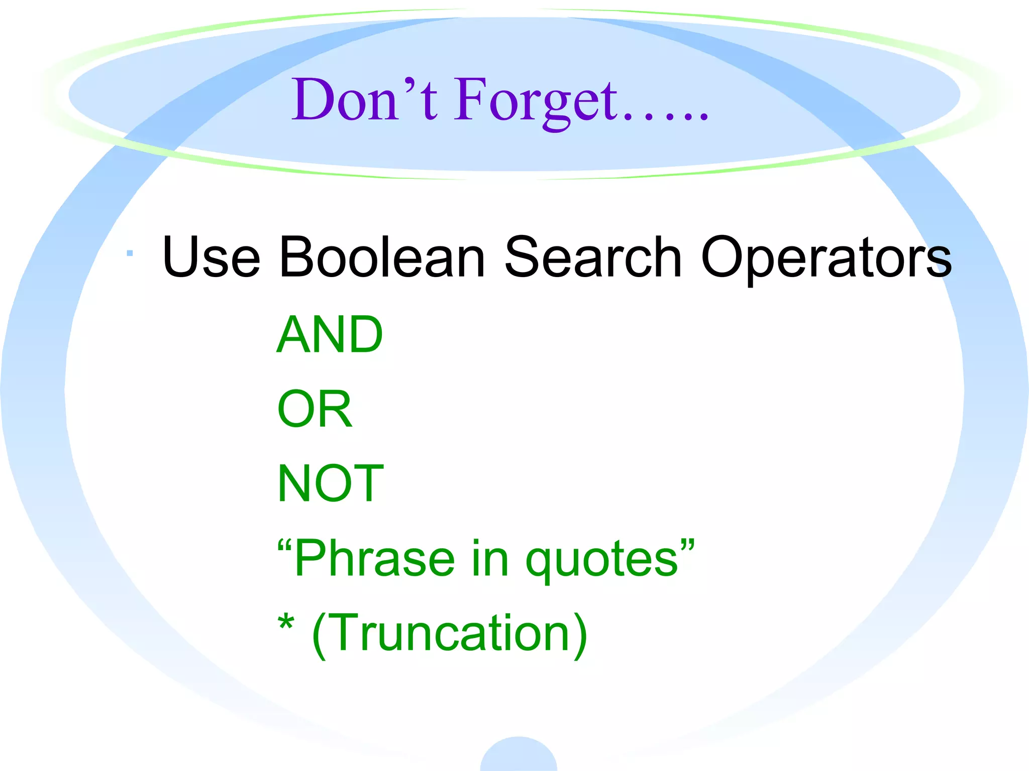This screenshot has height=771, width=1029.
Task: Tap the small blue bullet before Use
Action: pyautogui.click(x=130, y=253)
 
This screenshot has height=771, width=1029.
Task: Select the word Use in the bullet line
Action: pyautogui.click(x=211, y=257)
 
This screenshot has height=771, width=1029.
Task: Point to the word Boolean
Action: pyautogui.click(x=382, y=257)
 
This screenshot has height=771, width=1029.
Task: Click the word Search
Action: pyautogui.click(x=593, y=257)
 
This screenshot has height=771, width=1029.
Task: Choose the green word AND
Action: pyautogui.click(x=330, y=334)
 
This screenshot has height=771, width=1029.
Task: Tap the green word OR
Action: pyautogui.click(x=315, y=409)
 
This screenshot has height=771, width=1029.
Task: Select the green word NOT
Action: pyautogui.click(x=331, y=483)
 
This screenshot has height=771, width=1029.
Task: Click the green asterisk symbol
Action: pyautogui.click(x=286, y=623)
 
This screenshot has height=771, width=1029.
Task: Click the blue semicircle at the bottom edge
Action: pyautogui.click(x=519, y=755)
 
